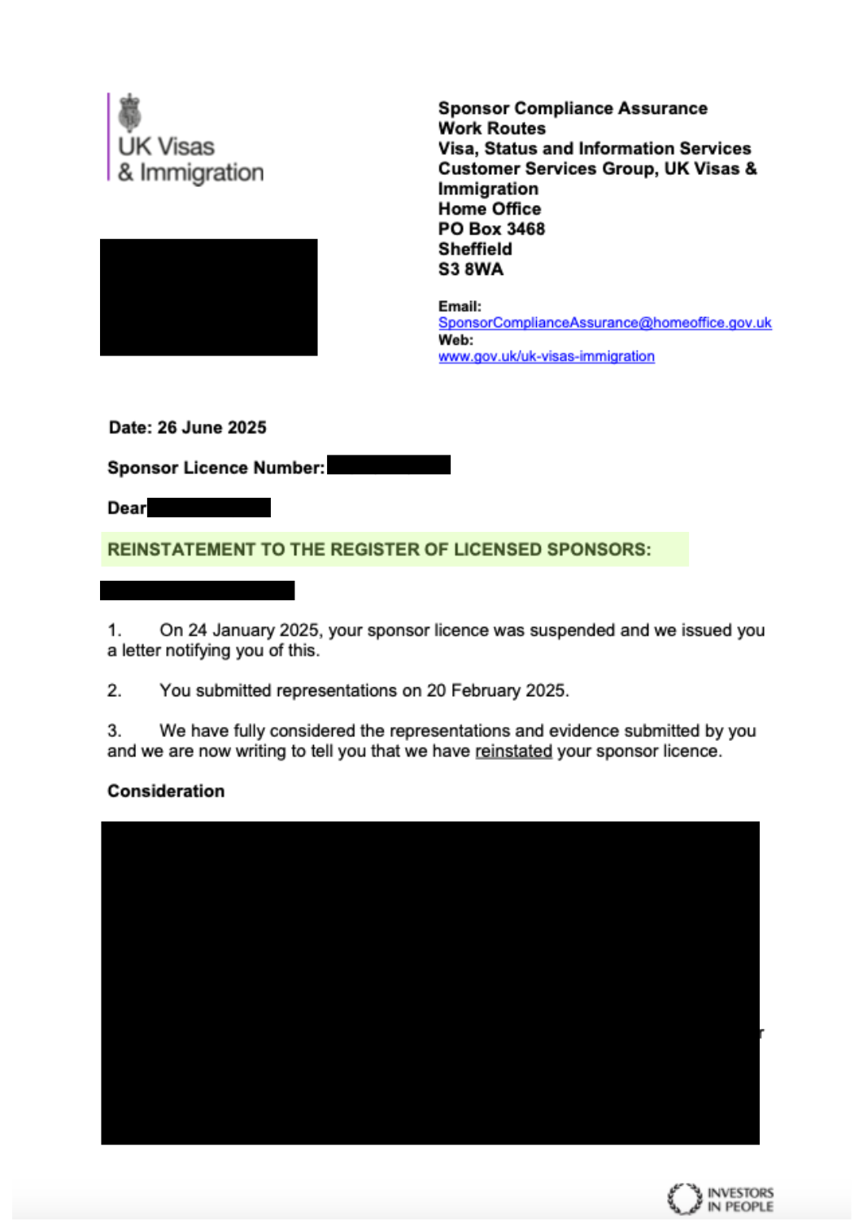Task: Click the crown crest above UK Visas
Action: coord(129,112)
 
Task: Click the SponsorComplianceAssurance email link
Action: coord(604,323)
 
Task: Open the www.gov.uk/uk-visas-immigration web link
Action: coord(546,356)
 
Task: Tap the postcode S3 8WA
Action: coord(470,269)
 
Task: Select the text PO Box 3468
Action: coord(491,229)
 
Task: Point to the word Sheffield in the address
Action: coord(475,249)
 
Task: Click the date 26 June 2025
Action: coord(211,428)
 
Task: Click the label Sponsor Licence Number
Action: coord(216,468)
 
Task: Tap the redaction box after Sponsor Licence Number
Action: coord(388,464)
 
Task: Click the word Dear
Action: coord(126,508)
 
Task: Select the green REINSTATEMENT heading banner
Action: coord(394,549)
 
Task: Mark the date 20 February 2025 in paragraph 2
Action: coord(495,691)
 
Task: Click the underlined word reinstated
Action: coord(513,751)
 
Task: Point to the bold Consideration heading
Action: coord(166,791)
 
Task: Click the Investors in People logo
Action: coord(720,1199)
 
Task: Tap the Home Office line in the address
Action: coord(489,209)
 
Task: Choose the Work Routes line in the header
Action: coord(491,129)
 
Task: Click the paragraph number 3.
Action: coord(114,730)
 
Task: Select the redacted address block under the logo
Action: coord(208,297)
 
